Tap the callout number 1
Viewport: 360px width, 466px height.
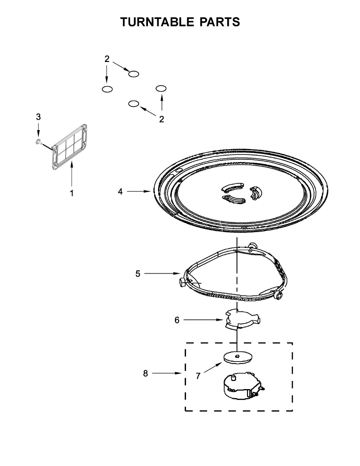71,193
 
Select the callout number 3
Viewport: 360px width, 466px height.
38,116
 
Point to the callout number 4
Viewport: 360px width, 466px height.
120,191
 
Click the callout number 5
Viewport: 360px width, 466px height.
138,274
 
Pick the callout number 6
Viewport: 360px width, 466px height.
177,320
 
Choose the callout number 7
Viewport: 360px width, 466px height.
198,376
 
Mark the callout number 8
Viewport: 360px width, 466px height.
145,374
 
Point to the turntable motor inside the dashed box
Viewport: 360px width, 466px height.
241,386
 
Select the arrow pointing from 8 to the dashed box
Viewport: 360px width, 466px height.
167,374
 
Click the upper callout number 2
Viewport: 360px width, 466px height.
107,59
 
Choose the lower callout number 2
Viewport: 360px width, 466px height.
162,119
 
